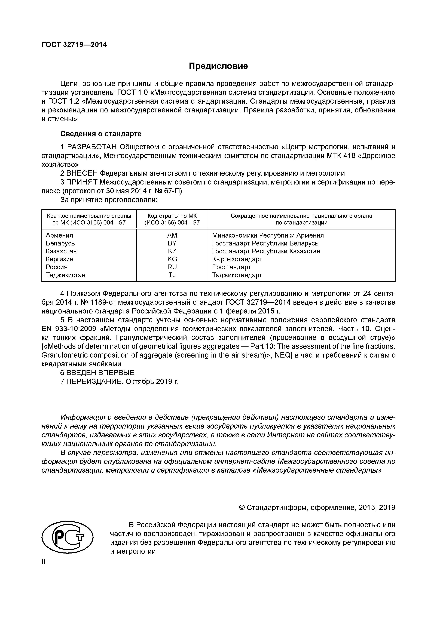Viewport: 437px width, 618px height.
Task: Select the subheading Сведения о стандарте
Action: pyautogui.click(x=101, y=134)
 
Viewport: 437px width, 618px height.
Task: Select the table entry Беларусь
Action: pyautogui.click(x=60, y=243)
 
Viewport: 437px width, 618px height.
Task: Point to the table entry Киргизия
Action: pyautogui.click(x=60, y=259)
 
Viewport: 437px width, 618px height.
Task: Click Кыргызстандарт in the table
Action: pyautogui.click(x=237, y=259)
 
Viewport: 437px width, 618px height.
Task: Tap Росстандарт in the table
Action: pyautogui.click(x=232, y=267)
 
